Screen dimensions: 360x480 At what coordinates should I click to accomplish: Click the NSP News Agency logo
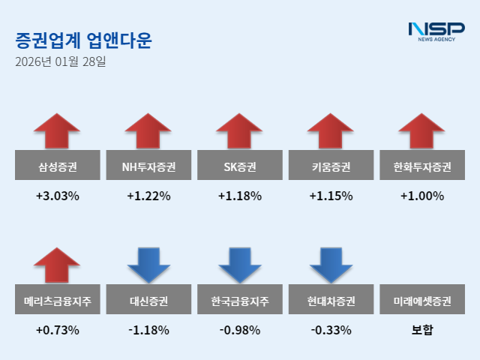point(436,31)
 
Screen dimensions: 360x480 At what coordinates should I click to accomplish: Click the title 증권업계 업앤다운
point(82,40)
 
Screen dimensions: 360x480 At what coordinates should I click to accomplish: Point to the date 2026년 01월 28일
point(61,61)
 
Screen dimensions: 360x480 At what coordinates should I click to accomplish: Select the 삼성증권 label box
point(57,166)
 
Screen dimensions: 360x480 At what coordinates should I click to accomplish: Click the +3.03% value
point(57,196)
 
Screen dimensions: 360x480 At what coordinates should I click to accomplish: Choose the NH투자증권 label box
point(148,166)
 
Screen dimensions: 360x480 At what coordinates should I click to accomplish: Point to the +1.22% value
point(148,196)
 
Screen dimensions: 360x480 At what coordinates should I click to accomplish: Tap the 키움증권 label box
point(331,166)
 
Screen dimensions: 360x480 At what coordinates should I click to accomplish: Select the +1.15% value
point(331,196)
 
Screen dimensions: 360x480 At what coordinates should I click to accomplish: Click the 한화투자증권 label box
point(423,166)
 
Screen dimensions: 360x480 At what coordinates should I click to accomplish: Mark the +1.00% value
point(423,196)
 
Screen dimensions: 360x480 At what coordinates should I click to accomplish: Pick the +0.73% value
point(57,330)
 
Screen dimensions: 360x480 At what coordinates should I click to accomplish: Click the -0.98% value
point(240,330)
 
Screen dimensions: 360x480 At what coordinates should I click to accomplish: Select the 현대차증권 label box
point(331,301)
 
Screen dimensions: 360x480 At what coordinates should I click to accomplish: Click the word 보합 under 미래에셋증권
point(423,330)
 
